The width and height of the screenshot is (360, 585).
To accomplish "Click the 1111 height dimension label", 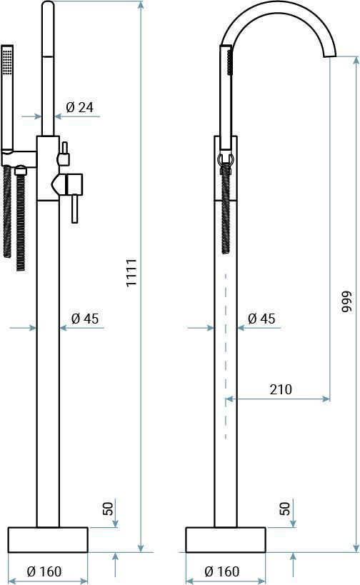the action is click(x=131, y=272).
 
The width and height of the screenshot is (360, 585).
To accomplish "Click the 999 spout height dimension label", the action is click(x=346, y=301).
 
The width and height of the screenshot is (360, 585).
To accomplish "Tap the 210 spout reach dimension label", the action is click(x=281, y=389).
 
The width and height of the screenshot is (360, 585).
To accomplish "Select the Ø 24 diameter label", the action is click(x=79, y=107).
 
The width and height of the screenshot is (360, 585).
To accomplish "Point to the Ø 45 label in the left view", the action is click(x=85, y=319).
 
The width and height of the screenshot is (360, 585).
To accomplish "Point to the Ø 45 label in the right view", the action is click(x=261, y=319).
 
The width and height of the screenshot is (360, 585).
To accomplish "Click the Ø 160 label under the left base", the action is click(x=44, y=571).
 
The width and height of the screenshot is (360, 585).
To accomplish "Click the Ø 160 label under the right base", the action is click(x=222, y=571).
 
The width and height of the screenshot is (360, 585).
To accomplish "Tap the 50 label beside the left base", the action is click(x=107, y=509).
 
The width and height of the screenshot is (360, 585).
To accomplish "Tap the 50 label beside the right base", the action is click(x=284, y=509).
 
